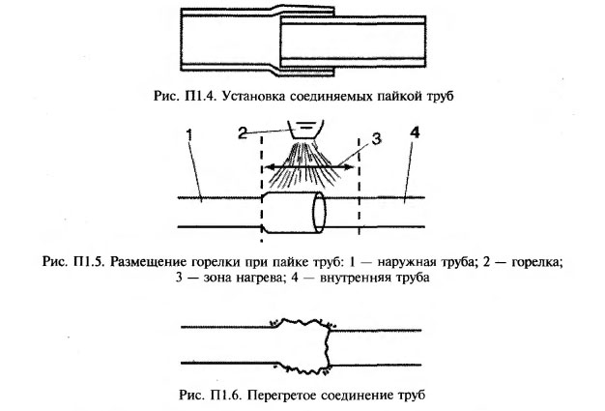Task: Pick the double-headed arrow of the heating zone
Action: [x=309, y=166]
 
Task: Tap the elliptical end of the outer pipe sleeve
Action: [x=317, y=212]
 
